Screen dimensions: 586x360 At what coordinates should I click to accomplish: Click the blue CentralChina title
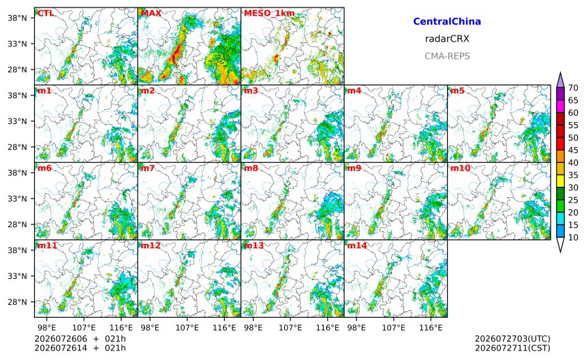tap(447, 22)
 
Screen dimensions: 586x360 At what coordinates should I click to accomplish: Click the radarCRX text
tap(447, 39)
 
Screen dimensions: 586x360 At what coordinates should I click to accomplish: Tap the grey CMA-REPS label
tap(447, 57)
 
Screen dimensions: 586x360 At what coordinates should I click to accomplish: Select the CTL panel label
tap(46, 14)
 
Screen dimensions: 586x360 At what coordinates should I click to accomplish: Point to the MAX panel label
tap(151, 14)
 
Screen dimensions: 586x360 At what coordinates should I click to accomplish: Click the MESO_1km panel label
tap(269, 14)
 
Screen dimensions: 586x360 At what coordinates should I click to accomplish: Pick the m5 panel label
tap(457, 91)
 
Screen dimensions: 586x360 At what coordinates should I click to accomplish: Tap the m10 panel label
tap(460, 168)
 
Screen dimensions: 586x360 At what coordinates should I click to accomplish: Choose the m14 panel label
tap(357, 245)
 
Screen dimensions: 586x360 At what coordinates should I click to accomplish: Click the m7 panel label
tap(148, 168)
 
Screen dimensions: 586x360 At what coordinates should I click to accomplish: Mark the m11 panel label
tap(47, 245)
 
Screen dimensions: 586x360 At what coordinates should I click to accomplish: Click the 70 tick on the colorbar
tap(573, 88)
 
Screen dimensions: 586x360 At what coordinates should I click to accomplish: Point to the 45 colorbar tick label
tap(573, 150)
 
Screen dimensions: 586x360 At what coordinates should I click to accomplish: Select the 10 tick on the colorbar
tap(573, 237)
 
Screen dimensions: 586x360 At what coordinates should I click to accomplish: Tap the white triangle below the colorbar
tap(560, 245)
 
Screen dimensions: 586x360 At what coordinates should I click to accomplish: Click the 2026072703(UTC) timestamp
tap(512, 339)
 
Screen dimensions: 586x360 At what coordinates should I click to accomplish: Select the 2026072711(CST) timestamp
tap(512, 348)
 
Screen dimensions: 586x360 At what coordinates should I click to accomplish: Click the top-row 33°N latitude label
tap(17, 44)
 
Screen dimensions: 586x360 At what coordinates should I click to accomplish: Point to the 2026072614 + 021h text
tap(80, 348)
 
